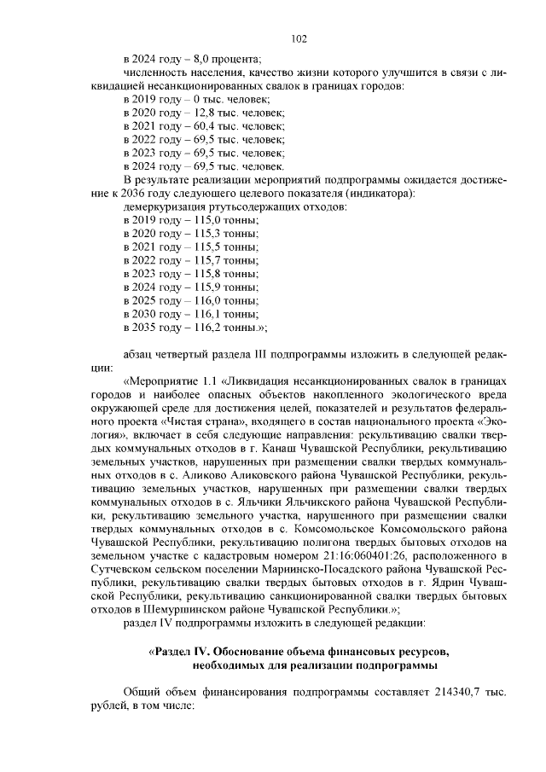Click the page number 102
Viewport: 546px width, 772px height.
click(299, 38)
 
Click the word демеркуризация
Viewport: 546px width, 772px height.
click(165, 206)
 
